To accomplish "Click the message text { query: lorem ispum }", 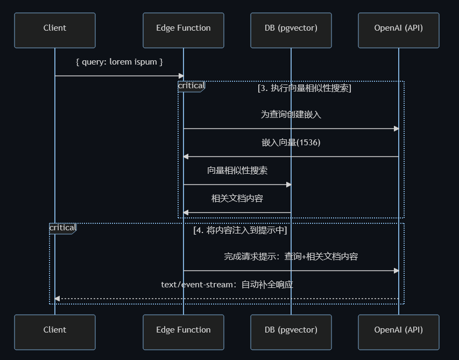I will point(119,62).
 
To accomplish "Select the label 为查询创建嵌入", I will point(291,115).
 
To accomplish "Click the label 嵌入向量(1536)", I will point(291,143).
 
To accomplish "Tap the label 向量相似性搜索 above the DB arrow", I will point(237,171).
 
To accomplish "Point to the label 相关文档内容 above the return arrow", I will point(237,199).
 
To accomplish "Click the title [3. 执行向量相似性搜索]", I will point(304,88).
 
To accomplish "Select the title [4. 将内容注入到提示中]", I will point(239,230).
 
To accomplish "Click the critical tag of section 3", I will point(191,86).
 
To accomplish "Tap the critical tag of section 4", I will point(62,228).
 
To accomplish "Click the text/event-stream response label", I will point(227,285).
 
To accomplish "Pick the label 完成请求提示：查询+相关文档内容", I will point(291,257).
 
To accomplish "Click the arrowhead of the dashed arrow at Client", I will point(57,299).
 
